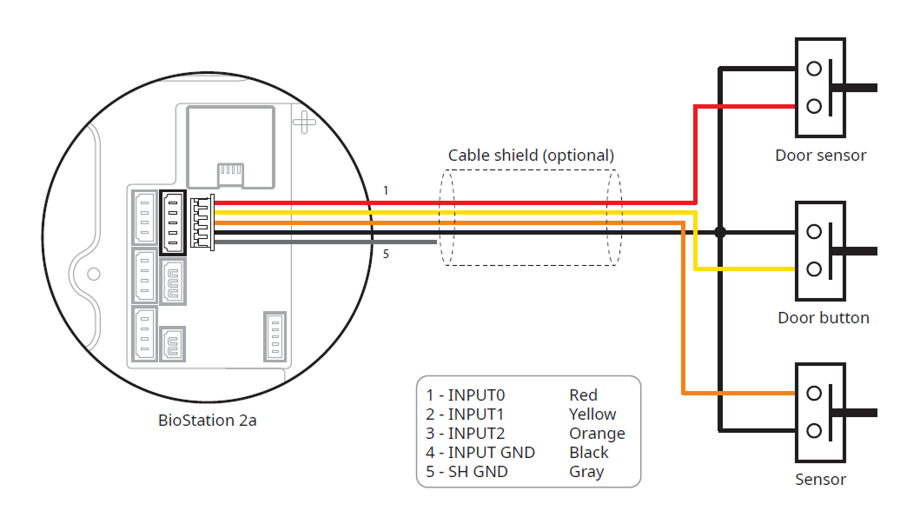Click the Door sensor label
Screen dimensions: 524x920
(x=820, y=156)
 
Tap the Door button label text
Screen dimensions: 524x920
(x=823, y=317)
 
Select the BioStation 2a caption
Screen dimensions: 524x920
(x=207, y=421)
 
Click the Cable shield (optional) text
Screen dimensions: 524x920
(x=531, y=155)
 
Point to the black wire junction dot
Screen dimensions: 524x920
(x=719, y=232)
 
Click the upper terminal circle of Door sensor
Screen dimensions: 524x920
(x=814, y=69)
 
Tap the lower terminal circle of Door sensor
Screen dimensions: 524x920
(x=814, y=106)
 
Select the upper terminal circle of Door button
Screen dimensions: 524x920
(x=814, y=232)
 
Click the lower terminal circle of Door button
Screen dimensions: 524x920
(x=814, y=269)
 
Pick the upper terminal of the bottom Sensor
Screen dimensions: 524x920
(x=814, y=394)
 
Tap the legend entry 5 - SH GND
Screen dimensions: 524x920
(x=467, y=472)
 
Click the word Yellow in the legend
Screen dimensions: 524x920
(x=592, y=415)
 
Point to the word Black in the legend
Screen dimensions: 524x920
(x=589, y=452)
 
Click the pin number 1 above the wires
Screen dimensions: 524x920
(x=386, y=189)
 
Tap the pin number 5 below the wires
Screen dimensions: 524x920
(x=386, y=255)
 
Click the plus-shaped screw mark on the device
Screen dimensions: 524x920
(x=305, y=120)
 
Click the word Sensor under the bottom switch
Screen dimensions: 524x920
(x=820, y=479)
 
